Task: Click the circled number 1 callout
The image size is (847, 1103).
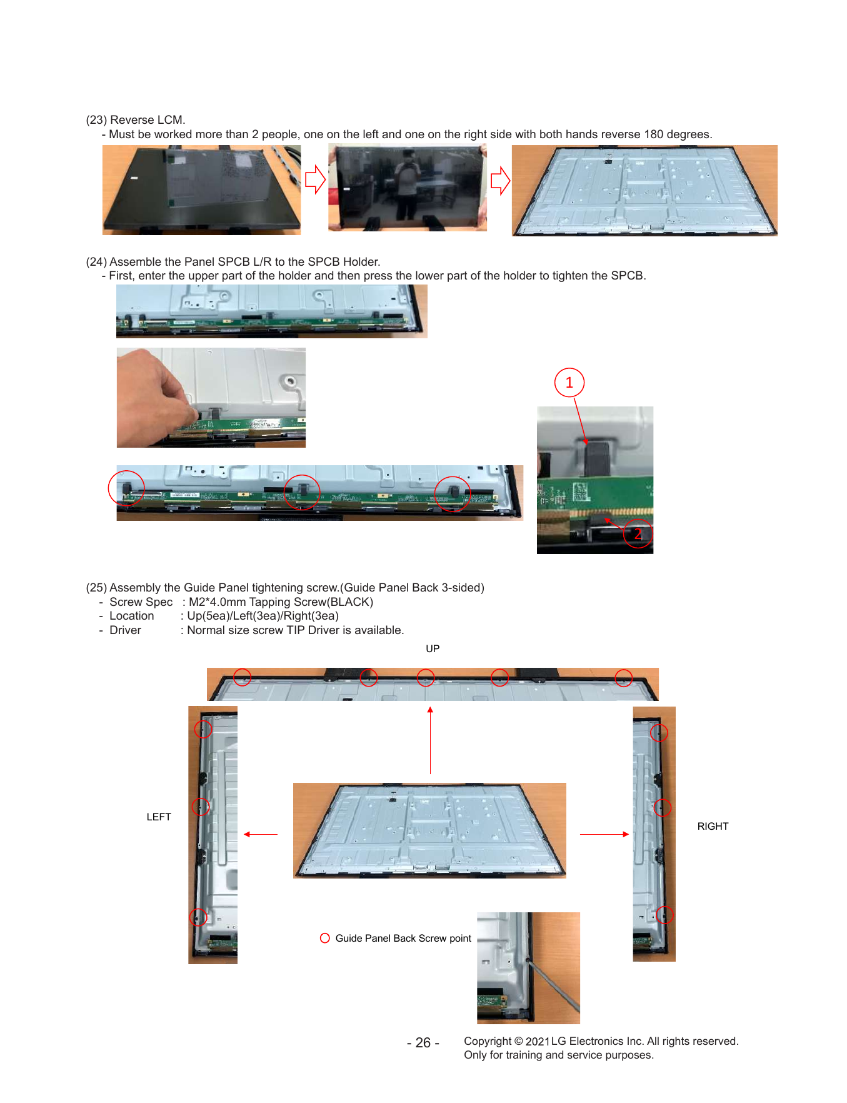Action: point(569,383)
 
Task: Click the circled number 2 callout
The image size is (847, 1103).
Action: point(638,534)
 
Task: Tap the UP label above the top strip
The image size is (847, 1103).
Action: point(433,649)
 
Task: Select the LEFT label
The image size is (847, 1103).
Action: point(159,817)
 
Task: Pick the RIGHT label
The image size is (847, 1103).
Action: point(713,827)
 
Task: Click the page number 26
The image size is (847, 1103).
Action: point(423,1043)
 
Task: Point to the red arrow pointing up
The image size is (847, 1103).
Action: point(430,740)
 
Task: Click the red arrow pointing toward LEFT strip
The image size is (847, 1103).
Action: point(261,834)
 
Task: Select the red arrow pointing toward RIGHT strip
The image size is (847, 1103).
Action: point(604,834)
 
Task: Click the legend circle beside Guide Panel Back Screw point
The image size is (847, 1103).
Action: point(325,938)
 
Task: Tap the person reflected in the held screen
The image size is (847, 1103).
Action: point(408,184)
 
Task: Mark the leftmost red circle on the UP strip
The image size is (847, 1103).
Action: point(243,677)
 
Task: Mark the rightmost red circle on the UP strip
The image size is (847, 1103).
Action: point(624,678)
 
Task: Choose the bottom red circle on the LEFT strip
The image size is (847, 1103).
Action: point(198,917)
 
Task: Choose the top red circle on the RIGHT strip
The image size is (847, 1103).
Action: point(659,733)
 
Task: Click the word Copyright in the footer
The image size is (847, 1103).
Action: point(488,1041)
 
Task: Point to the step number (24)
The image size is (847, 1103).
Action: point(96,262)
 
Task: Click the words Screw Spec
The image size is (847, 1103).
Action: point(141,602)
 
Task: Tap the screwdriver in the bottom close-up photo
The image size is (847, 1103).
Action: point(553,985)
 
